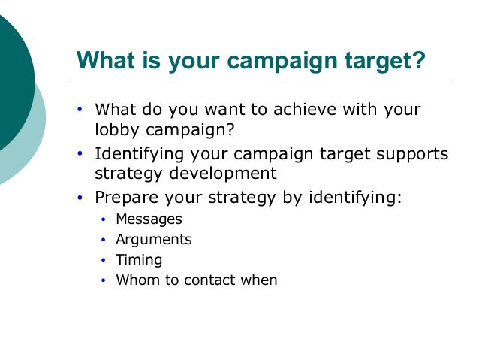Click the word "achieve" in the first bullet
[x=309, y=110]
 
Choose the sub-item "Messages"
[x=149, y=219]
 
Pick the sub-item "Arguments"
[x=153, y=240]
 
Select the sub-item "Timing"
[x=138, y=260]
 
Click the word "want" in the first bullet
[x=223, y=110]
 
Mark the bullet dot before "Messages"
[x=104, y=220]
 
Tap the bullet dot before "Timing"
[x=104, y=261]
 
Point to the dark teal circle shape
[x=11, y=83]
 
